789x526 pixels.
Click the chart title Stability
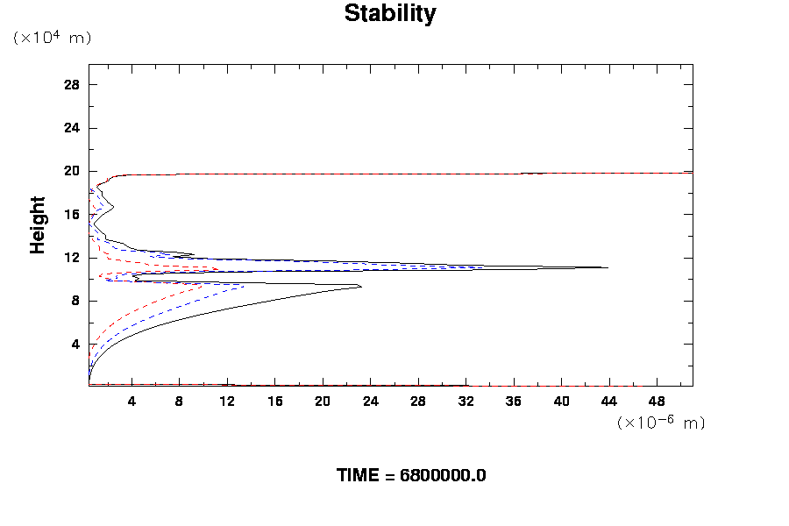389,14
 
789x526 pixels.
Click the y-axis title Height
38,235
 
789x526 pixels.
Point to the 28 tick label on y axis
72,85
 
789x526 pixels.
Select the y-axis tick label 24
72,128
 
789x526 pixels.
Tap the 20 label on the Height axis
72,171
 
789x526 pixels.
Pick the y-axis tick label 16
72,214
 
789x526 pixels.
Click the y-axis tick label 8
75,301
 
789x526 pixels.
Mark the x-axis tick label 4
131,401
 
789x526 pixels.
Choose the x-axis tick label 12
227,401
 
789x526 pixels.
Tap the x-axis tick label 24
370,401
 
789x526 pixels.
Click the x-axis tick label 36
514,401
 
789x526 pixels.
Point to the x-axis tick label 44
609,401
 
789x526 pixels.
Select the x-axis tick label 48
657,401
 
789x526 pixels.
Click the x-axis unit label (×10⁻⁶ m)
661,423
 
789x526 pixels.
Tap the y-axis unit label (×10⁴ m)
52,38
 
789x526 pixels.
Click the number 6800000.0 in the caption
443,476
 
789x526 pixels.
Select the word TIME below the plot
359,476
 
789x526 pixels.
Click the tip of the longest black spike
608,267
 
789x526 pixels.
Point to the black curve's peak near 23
361,287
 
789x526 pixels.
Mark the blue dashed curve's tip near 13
244,284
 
